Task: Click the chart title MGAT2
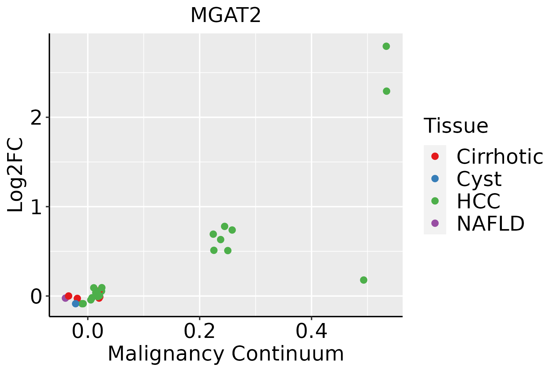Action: pyautogui.click(x=225, y=15)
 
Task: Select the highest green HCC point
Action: pyautogui.click(x=386, y=46)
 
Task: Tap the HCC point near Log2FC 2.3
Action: pyautogui.click(x=386, y=91)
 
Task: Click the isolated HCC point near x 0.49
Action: pyautogui.click(x=364, y=280)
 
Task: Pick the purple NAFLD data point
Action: pyautogui.click(x=65, y=298)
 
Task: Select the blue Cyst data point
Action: pyautogui.click(x=76, y=303)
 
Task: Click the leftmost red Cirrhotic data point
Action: pyautogui.click(x=69, y=296)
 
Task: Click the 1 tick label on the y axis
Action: pyautogui.click(x=37, y=207)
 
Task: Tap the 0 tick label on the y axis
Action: pyautogui.click(x=37, y=296)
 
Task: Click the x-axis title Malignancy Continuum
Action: pyautogui.click(x=226, y=354)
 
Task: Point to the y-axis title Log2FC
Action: pyautogui.click(x=15, y=175)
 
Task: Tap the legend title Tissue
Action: pyautogui.click(x=456, y=126)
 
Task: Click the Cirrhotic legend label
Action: pyautogui.click(x=499, y=157)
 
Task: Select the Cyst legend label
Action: pyautogui.click(x=479, y=179)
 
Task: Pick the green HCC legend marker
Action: pyautogui.click(x=435, y=201)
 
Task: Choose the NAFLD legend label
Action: pyautogui.click(x=490, y=223)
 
